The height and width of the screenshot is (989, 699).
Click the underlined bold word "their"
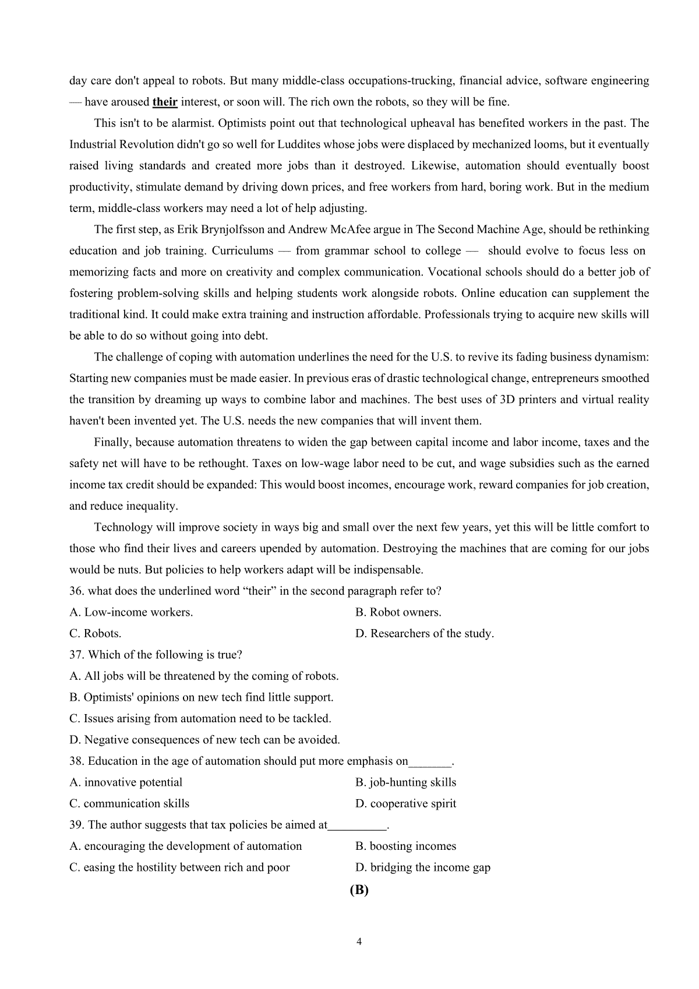pyautogui.click(x=165, y=103)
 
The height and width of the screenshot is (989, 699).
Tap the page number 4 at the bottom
pyautogui.click(x=359, y=942)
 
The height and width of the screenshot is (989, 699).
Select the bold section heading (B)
pyautogui.click(x=359, y=890)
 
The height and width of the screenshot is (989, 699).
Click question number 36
pyautogui.click(x=76, y=591)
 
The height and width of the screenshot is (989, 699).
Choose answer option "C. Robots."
pyautogui.click(x=96, y=634)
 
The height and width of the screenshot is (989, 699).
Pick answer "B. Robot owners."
pyautogui.click(x=398, y=612)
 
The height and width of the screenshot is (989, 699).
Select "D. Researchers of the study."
pyautogui.click(x=425, y=634)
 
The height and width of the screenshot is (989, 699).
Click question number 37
pyautogui.click(x=76, y=655)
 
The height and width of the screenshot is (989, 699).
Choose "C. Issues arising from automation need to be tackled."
pyautogui.click(x=200, y=719)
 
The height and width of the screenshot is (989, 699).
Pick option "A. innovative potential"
pyautogui.click(x=126, y=782)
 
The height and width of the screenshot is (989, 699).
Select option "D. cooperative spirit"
pyautogui.click(x=406, y=804)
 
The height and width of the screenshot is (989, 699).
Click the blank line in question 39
pyautogui.click(x=357, y=826)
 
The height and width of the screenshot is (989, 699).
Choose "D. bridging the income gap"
pyautogui.click(x=423, y=868)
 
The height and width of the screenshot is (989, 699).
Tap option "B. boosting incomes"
pyautogui.click(x=406, y=846)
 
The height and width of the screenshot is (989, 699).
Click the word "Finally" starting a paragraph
pyautogui.click(x=113, y=443)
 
